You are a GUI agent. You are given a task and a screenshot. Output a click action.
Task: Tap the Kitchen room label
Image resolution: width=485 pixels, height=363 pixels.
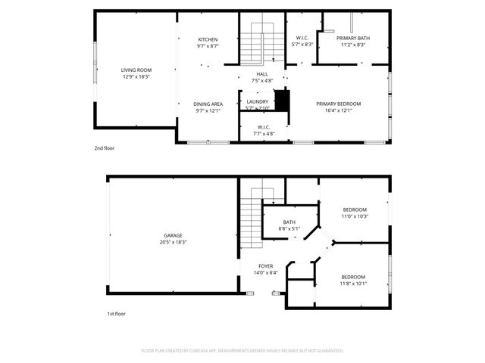tap(208, 39)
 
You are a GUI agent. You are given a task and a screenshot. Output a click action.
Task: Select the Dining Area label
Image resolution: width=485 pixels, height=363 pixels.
tap(208, 104)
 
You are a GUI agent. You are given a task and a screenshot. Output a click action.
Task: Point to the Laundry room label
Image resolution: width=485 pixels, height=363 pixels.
tap(257, 101)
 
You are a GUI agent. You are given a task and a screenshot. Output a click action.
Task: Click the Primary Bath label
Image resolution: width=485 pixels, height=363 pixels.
tap(353, 39)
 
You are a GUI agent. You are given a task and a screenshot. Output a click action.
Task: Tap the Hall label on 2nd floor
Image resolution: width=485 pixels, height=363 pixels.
tap(262, 73)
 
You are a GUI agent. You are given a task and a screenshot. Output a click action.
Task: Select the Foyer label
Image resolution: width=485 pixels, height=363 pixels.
tap(265, 266)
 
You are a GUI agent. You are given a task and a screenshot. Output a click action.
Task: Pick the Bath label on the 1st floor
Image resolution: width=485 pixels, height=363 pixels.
tap(289, 222)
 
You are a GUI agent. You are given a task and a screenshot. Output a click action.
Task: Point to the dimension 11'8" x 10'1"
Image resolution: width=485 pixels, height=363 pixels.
tap(353, 284)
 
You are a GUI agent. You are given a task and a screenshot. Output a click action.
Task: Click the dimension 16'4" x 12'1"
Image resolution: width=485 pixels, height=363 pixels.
tap(338, 110)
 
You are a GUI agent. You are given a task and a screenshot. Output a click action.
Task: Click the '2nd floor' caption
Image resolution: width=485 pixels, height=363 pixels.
tap(105, 149)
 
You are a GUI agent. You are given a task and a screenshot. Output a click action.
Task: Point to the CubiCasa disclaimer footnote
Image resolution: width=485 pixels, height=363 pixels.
tap(242, 351)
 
